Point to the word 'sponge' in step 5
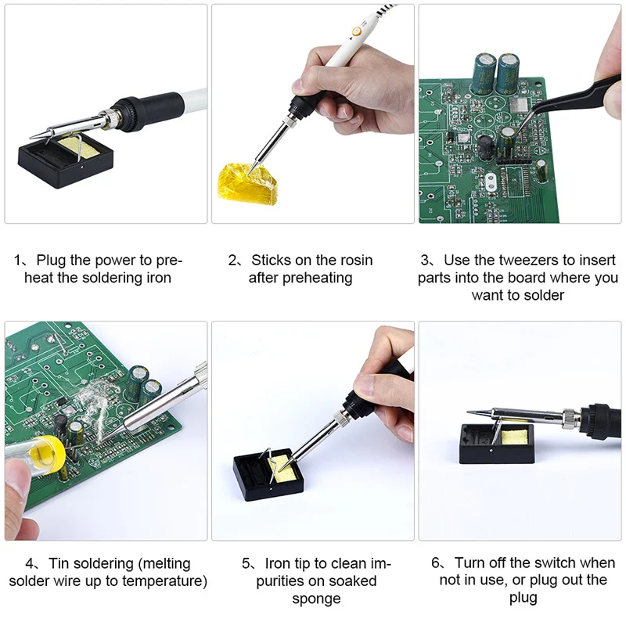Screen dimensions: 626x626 tap(316, 599)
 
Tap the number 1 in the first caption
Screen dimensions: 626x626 tap(17, 261)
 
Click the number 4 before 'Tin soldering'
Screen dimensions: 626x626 tap(31, 563)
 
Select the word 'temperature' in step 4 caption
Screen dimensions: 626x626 tap(165, 581)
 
